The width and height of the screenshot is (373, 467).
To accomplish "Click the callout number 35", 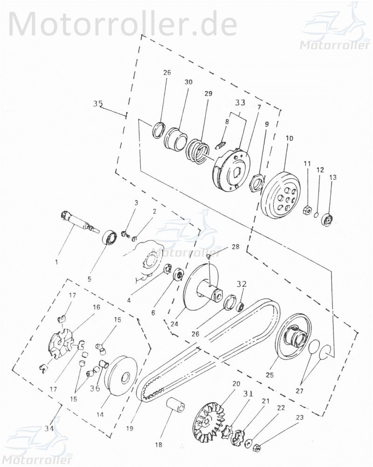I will coord(98,104).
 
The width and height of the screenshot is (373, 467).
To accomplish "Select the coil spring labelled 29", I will coord(199,152).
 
